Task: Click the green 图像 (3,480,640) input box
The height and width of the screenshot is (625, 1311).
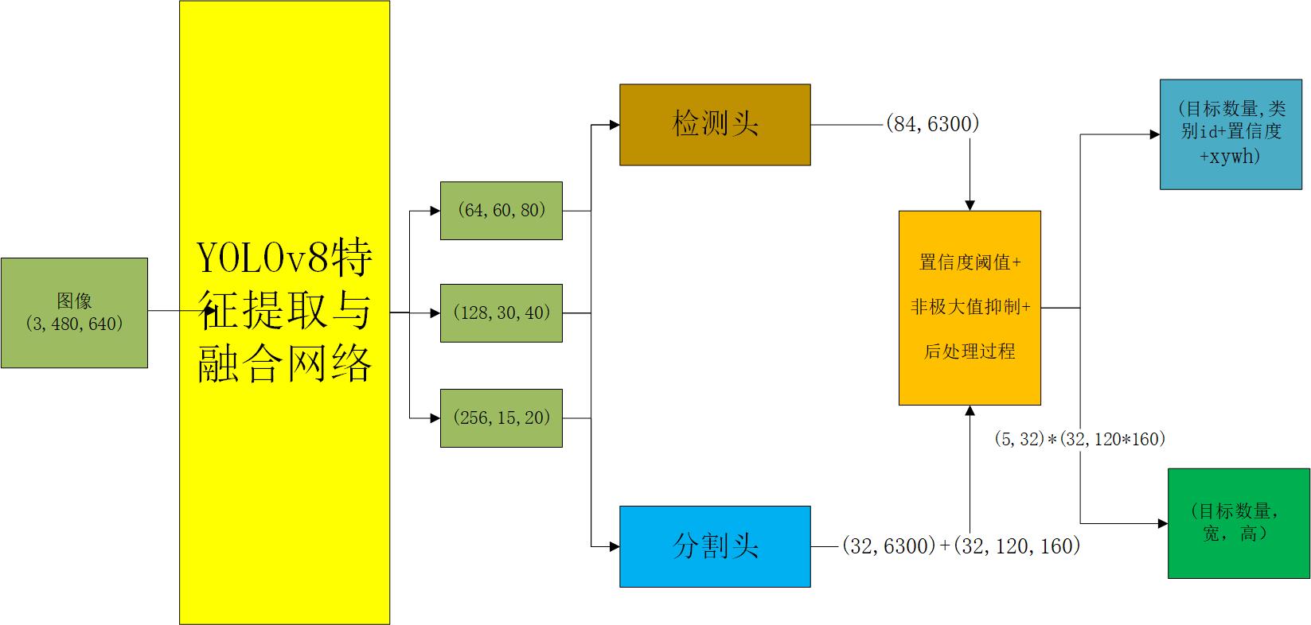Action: pyautogui.click(x=74, y=312)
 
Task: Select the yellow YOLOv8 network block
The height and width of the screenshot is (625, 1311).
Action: pyautogui.click(x=284, y=312)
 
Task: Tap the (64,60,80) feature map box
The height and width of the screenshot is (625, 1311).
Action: pyautogui.click(x=501, y=211)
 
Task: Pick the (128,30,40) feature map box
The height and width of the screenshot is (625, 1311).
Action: pyautogui.click(x=501, y=312)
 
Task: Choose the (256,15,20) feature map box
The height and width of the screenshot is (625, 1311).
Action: pyautogui.click(x=501, y=417)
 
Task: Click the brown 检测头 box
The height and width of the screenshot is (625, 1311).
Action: pyautogui.click(x=715, y=125)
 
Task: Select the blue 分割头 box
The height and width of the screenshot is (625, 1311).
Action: pyautogui.click(x=715, y=546)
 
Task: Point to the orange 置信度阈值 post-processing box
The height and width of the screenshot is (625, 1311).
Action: pyautogui.click(x=970, y=308)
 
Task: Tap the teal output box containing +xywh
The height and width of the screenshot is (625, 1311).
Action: pyautogui.click(x=1230, y=134)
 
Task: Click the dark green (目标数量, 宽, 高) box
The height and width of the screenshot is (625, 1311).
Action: pyautogui.click(x=1239, y=523)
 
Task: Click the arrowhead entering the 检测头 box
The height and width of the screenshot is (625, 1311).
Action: pyautogui.click(x=615, y=125)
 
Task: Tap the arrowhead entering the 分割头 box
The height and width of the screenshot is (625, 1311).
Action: pyautogui.click(x=615, y=546)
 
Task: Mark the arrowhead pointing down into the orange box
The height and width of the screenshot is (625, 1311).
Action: pyautogui.click(x=970, y=205)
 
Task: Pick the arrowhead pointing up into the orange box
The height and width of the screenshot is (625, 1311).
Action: pyautogui.click(x=970, y=411)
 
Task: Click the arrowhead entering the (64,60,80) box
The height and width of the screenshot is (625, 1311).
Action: pyautogui.click(x=435, y=211)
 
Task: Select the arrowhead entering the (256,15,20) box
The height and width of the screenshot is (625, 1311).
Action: pyautogui.click(x=435, y=417)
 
